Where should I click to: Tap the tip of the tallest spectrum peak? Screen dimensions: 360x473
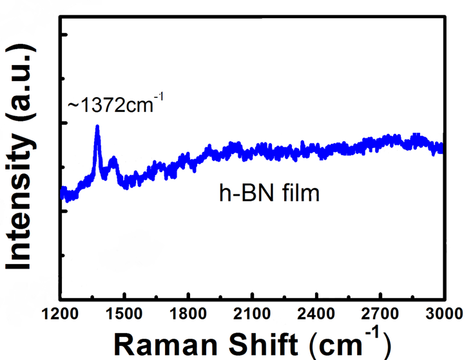click(97, 127)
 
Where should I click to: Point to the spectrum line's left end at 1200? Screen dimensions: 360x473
click(62, 193)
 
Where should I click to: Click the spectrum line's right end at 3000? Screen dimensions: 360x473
click(443, 149)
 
